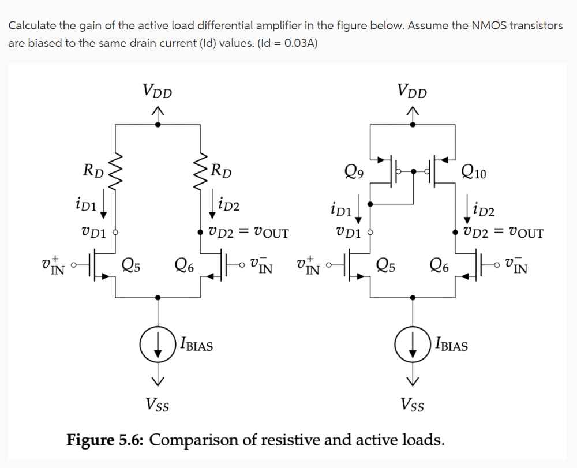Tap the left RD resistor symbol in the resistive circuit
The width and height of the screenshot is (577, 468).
pos(116,169)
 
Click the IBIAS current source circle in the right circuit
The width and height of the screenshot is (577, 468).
pos(411,346)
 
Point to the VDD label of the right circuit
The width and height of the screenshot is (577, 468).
pos(411,91)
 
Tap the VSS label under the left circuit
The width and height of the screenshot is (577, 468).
pos(159,402)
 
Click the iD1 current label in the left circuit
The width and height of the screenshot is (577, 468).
pos(88,204)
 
